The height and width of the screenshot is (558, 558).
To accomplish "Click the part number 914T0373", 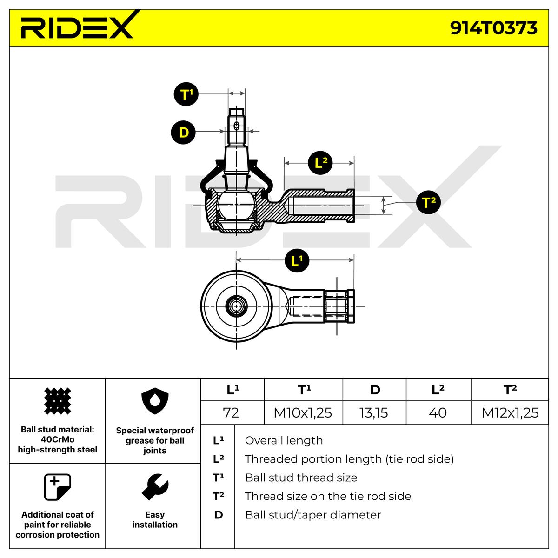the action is (493, 28).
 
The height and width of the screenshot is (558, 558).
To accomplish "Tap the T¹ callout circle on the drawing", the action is (186, 94).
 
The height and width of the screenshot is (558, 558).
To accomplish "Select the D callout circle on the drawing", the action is (184, 133).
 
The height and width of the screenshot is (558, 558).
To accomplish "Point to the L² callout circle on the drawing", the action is (321, 163).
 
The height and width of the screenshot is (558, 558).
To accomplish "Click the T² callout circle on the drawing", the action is (428, 202).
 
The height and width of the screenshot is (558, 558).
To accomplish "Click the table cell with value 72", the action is (231, 412).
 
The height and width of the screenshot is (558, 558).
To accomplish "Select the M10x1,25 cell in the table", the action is (303, 412).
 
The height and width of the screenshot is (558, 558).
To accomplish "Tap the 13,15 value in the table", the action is (374, 412).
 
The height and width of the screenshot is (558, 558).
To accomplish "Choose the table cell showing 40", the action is (438, 412).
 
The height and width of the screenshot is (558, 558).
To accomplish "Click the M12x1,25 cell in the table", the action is (510, 412).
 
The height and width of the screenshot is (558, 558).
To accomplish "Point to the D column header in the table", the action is (374, 390).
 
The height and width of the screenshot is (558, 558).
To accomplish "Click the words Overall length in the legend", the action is (283, 440).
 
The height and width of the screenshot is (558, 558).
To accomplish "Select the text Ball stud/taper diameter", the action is (312, 515).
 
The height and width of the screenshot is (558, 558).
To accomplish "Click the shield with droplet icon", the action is (154, 403).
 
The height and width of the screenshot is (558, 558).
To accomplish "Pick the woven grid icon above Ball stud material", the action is (57, 401).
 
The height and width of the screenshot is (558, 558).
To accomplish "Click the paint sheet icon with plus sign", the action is (57, 487).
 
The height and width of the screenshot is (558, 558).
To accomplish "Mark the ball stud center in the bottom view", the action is (237, 306).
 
